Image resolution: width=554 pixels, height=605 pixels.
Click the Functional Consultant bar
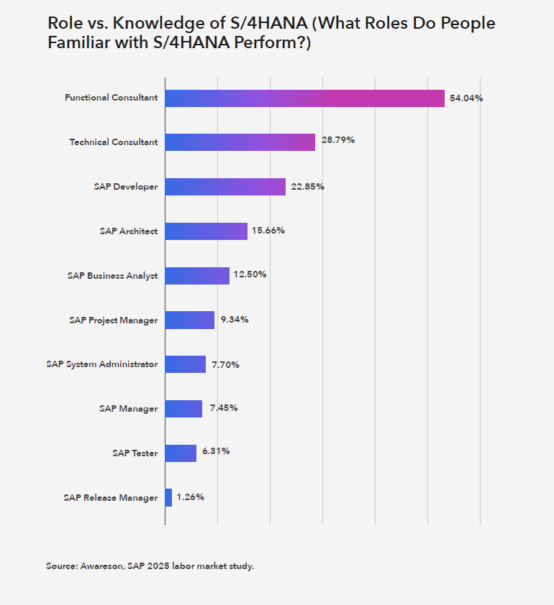304,98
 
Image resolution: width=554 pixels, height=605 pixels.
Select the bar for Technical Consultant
240,142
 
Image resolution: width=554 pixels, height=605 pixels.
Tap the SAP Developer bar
225,187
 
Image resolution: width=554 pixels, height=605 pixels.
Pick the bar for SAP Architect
206,231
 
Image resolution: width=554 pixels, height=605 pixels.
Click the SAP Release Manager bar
168,497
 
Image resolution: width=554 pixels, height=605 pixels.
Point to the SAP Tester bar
181,453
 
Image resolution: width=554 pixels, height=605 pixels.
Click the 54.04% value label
466,98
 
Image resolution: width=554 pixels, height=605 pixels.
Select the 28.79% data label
337,140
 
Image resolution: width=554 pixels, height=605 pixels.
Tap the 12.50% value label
251,274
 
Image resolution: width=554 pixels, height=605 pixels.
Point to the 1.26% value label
190,497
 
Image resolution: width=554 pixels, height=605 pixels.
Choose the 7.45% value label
223,408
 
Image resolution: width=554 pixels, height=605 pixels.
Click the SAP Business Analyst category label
112,276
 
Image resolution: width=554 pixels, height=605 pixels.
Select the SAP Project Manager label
114,320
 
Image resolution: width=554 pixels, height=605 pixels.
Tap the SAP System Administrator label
101,364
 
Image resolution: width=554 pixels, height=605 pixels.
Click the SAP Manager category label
128,409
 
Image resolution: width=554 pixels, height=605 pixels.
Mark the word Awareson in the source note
103,566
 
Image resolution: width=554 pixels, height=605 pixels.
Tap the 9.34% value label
234,319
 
